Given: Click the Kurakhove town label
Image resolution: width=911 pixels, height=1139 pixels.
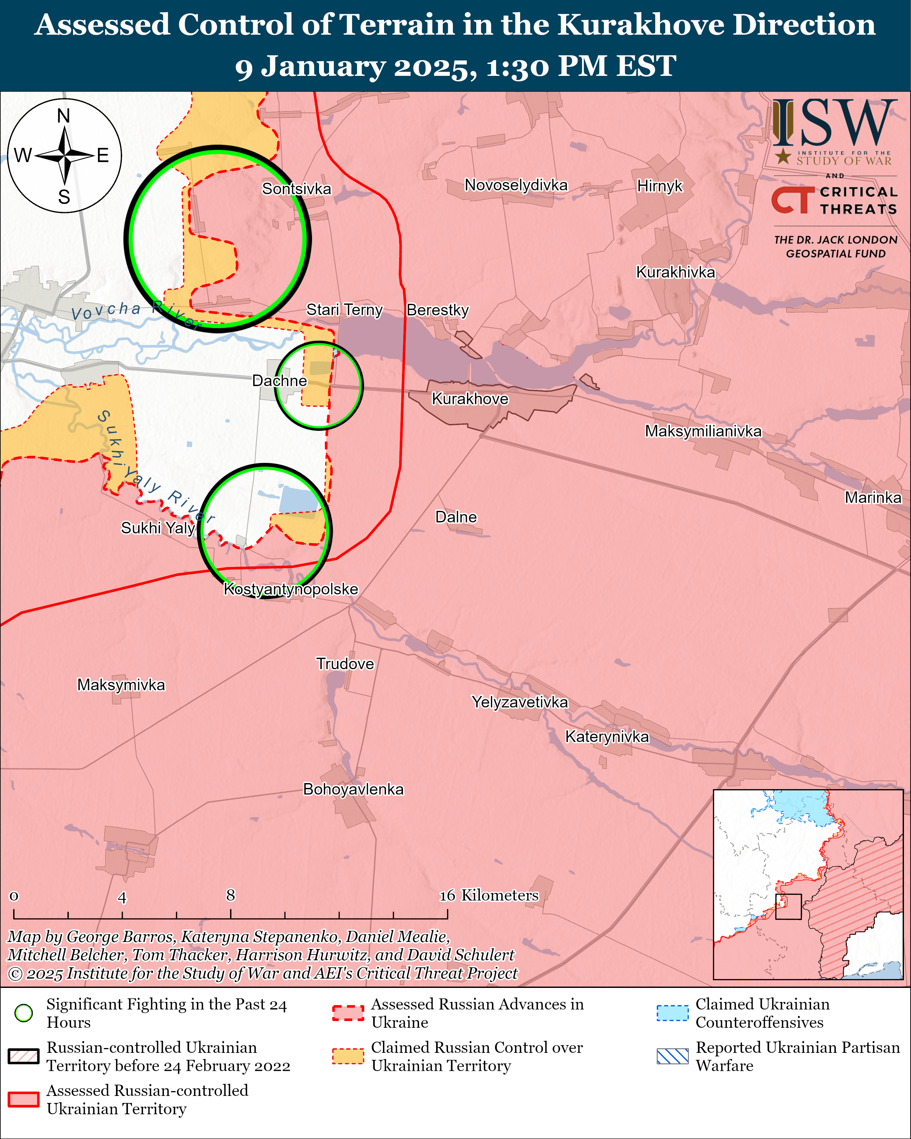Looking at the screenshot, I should (x=469, y=399).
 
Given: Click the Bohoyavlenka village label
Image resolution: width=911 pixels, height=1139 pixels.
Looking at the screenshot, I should (x=353, y=789).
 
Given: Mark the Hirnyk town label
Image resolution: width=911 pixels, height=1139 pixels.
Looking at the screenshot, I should (x=660, y=186).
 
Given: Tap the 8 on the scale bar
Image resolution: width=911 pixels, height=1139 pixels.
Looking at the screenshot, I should (x=230, y=895).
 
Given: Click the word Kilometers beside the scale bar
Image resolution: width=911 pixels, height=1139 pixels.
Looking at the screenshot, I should (x=500, y=895).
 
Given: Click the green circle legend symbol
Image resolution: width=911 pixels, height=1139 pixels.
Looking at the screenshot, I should (x=24, y=1013).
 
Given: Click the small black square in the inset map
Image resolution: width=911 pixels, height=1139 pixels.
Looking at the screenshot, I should (x=788, y=907).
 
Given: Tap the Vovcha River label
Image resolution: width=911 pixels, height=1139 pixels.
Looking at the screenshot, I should (x=135, y=313).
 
